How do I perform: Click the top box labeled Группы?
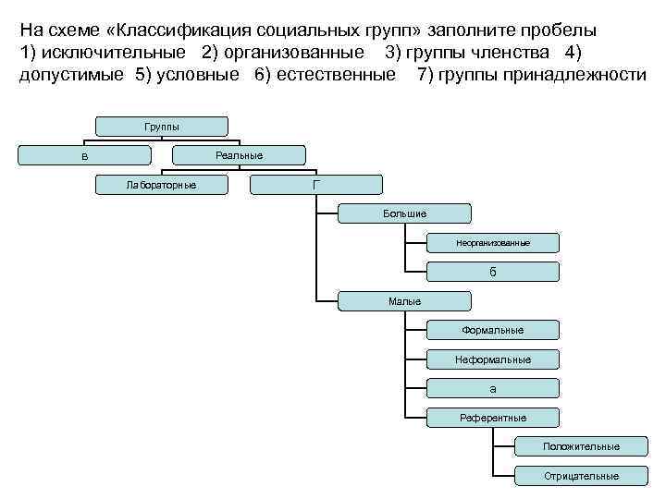pyautogui.click(x=162, y=126)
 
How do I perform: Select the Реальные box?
pyautogui.click(x=239, y=155)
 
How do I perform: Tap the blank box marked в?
pyautogui.click(x=85, y=156)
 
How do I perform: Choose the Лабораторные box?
pyautogui.click(x=162, y=185)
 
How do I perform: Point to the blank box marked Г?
pyautogui.click(x=316, y=185)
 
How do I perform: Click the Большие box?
pyautogui.click(x=404, y=213)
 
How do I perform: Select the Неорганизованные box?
pyautogui.click(x=493, y=242)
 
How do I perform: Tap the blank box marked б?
pyautogui.click(x=493, y=272)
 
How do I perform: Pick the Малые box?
pyautogui.click(x=404, y=301)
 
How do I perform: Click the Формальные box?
pyautogui.click(x=493, y=330)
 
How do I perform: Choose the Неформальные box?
pyautogui.click(x=493, y=359)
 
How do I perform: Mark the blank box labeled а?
pyautogui.click(x=493, y=388)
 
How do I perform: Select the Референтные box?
pyautogui.click(x=493, y=418)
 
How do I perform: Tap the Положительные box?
pyautogui.click(x=581, y=446)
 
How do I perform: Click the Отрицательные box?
pyautogui.click(x=581, y=476)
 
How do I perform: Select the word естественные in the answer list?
pyautogui.click(x=334, y=75)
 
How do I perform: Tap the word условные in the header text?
pyautogui.click(x=193, y=75)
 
